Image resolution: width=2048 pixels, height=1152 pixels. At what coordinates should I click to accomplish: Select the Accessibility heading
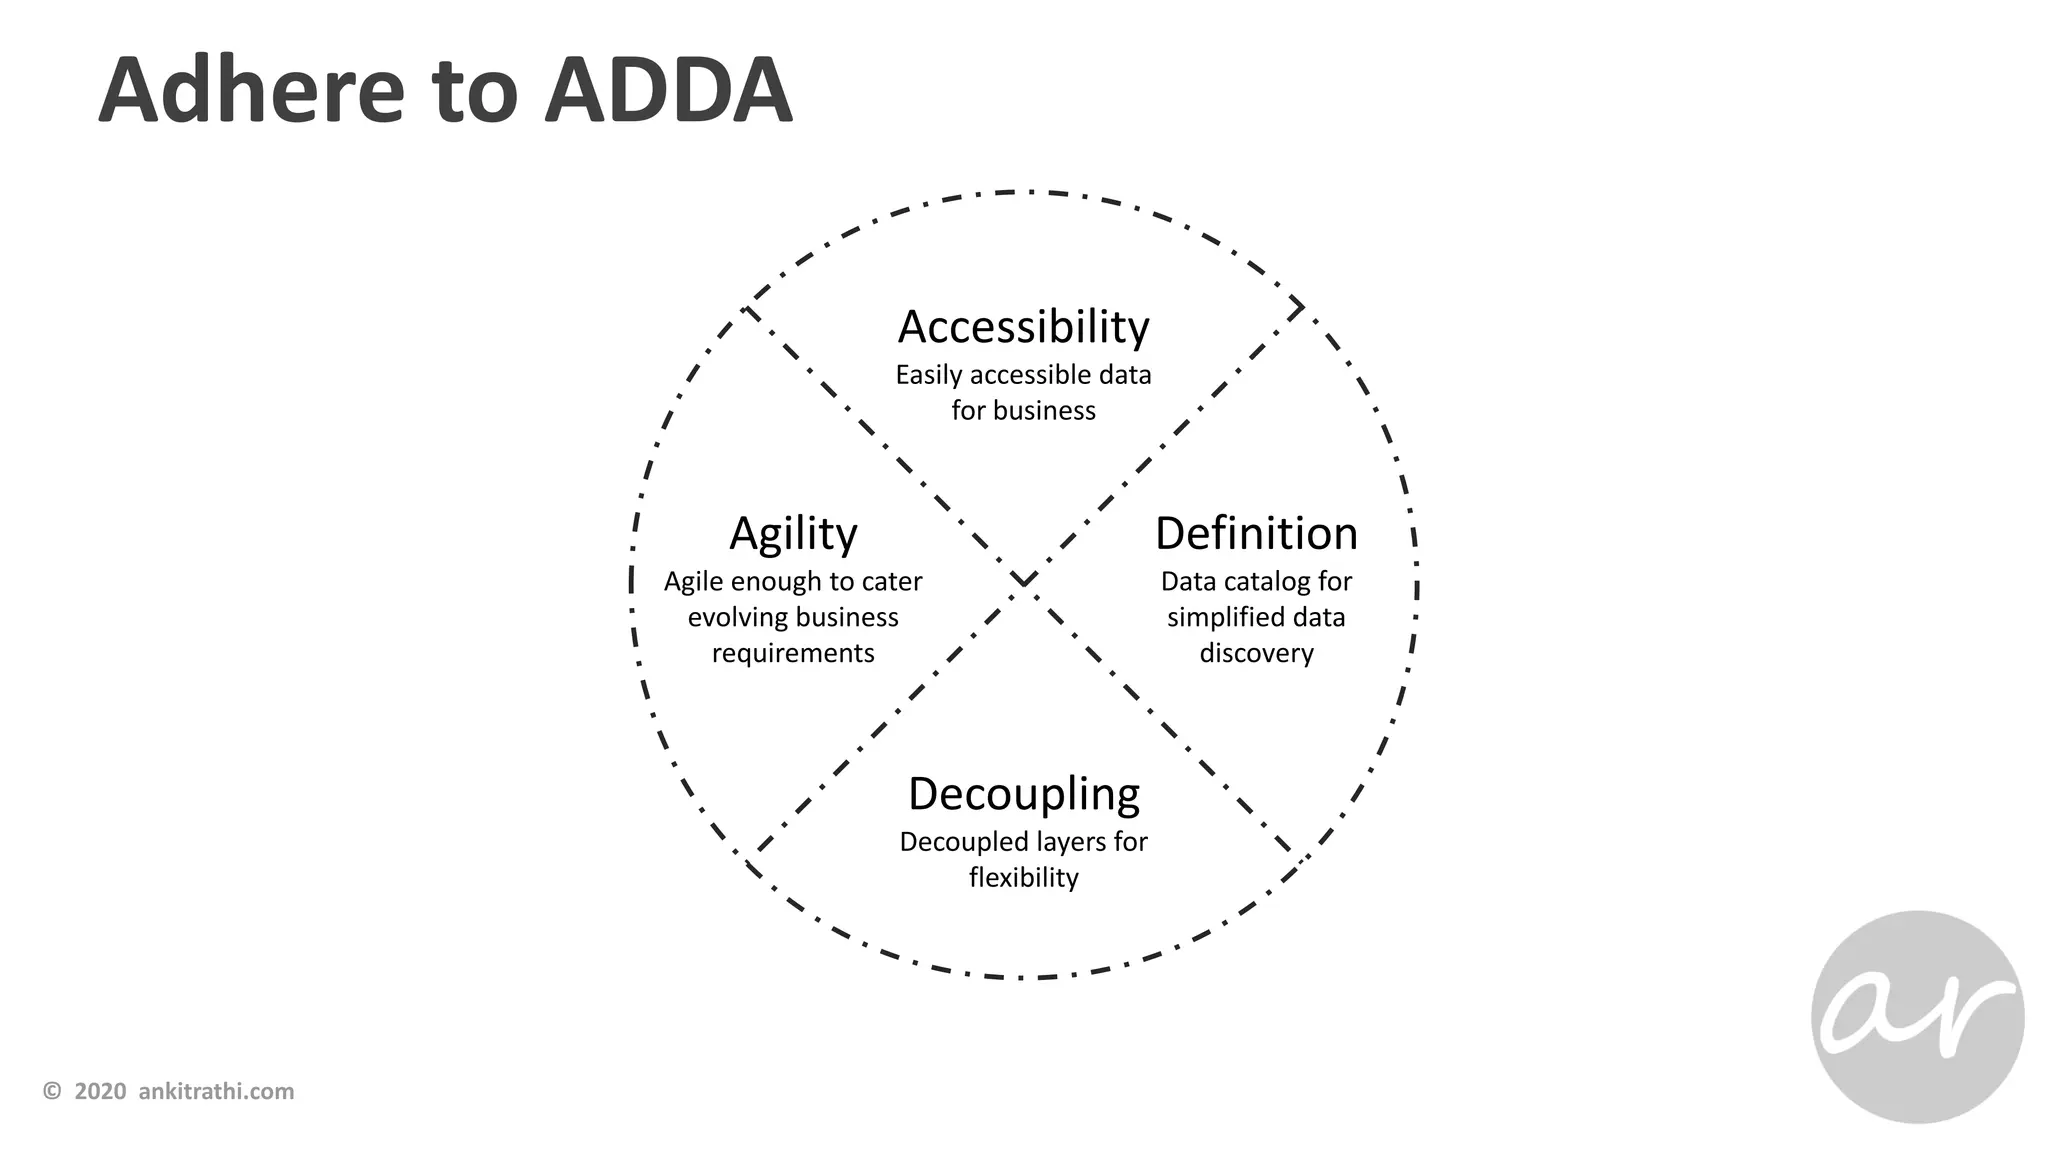point(1023,327)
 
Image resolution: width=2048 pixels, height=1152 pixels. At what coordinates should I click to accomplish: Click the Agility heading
point(793,534)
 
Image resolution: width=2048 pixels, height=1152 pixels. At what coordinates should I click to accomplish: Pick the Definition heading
point(1256,534)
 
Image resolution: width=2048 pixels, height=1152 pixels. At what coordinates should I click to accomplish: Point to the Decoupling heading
point(1023,794)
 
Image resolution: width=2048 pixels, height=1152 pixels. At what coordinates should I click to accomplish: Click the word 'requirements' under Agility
point(793,653)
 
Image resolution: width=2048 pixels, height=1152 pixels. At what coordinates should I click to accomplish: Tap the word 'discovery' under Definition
point(1256,653)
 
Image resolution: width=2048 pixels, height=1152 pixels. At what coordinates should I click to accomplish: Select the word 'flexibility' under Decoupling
point(1023,877)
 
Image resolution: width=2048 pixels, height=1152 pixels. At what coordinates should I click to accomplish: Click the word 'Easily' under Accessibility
point(929,375)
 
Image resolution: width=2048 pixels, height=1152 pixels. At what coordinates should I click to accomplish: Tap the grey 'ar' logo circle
point(1917,1016)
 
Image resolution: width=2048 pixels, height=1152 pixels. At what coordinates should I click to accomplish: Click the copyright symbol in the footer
point(52,1091)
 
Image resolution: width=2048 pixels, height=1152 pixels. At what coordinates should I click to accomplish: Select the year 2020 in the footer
point(100,1091)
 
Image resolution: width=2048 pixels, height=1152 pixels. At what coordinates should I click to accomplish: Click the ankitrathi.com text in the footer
point(216,1091)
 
